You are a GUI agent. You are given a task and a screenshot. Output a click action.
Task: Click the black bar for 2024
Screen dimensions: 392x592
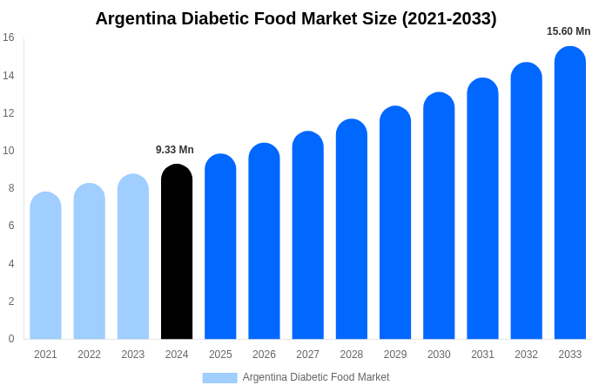click(177, 253)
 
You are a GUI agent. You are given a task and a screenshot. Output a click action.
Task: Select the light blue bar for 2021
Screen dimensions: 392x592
click(45, 266)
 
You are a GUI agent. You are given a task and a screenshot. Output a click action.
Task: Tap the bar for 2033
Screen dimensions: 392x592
click(570, 193)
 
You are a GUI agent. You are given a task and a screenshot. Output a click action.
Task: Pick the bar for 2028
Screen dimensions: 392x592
click(352, 230)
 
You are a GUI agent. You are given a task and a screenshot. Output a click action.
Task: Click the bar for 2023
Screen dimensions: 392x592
click(133, 257)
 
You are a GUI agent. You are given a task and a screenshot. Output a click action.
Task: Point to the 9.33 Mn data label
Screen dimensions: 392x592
click(175, 150)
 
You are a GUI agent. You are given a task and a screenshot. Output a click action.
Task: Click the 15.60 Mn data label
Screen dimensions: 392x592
click(568, 31)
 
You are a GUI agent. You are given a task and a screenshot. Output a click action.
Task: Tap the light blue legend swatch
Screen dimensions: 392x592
click(219, 377)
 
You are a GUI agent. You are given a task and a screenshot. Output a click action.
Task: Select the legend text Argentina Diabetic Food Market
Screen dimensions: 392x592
click(316, 377)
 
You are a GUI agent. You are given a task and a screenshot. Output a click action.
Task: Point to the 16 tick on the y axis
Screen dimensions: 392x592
click(9, 37)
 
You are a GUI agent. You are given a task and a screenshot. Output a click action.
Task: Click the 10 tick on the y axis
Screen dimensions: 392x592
click(9, 151)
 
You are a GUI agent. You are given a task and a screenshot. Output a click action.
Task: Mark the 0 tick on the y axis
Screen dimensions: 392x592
click(11, 339)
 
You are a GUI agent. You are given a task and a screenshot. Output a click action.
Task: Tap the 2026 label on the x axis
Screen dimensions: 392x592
click(264, 355)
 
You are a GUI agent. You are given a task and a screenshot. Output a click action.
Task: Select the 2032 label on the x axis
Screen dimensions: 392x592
click(526, 355)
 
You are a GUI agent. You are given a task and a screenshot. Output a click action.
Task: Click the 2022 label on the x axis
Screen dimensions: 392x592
click(89, 355)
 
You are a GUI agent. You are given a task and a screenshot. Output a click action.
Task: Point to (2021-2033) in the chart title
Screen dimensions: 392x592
click(449, 18)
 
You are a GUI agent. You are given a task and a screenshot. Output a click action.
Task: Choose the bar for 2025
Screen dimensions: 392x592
click(220, 247)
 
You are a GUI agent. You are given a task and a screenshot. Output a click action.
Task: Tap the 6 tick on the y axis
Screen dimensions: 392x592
click(11, 226)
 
